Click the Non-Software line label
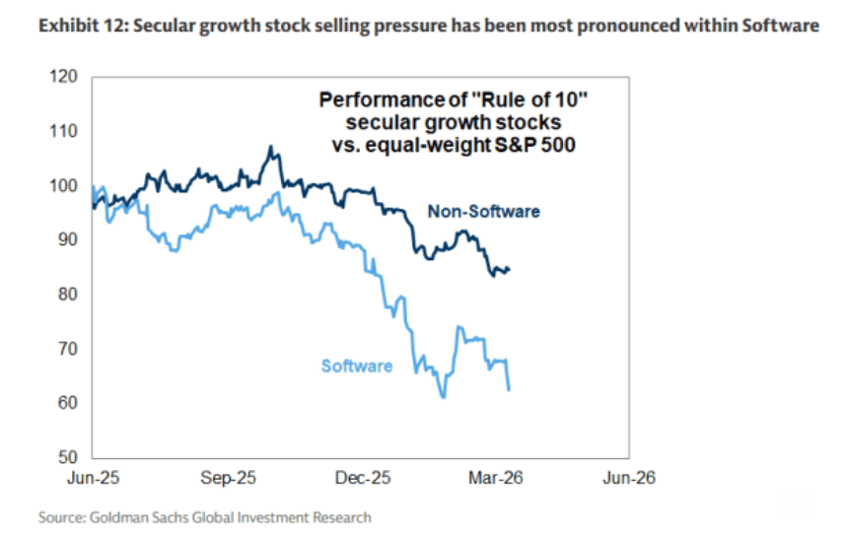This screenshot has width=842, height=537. pyautogui.click(x=483, y=211)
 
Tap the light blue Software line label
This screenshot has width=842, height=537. pyautogui.click(x=357, y=367)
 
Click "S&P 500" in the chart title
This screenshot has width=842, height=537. pyautogui.click(x=548, y=145)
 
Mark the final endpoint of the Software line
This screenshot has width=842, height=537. pyautogui.click(x=509, y=390)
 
